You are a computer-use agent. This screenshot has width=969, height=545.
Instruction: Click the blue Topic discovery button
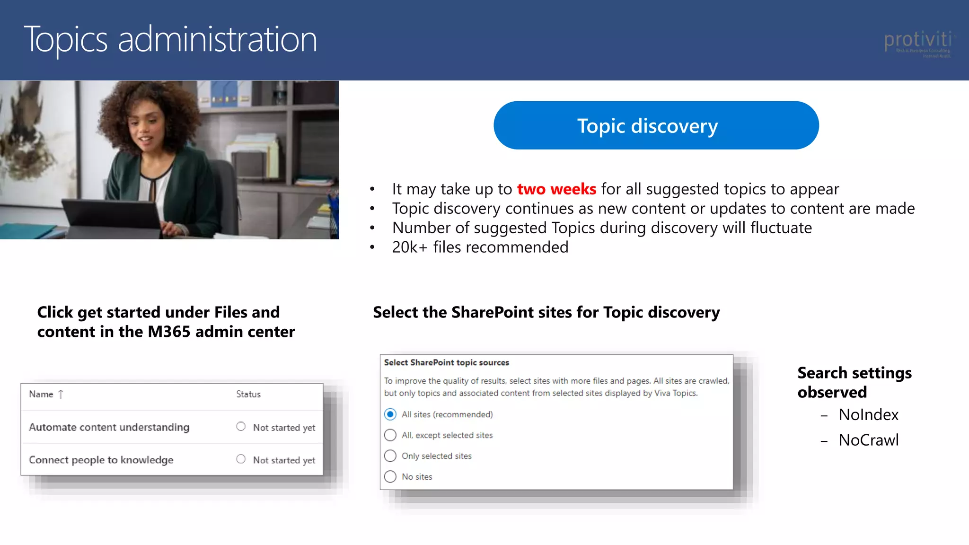pyautogui.click(x=656, y=125)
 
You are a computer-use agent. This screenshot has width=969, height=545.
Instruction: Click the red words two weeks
pyautogui.click(x=556, y=189)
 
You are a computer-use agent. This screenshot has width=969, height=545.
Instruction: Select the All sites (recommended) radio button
pyautogui.click(x=390, y=414)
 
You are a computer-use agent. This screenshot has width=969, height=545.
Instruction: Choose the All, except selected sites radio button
pyautogui.click(x=390, y=435)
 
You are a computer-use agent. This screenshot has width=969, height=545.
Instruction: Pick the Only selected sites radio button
pyautogui.click(x=390, y=456)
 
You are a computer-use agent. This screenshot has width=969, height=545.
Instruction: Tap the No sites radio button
pyautogui.click(x=390, y=477)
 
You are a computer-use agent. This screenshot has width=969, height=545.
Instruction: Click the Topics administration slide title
pyautogui.click(x=170, y=39)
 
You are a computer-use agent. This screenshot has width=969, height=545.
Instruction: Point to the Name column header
pyautogui.click(x=41, y=394)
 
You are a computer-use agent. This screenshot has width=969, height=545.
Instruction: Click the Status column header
pyautogui.click(x=248, y=394)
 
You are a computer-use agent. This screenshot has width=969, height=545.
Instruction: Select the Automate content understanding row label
pyautogui.click(x=109, y=427)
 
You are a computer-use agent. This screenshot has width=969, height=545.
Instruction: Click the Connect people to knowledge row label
pyautogui.click(x=101, y=460)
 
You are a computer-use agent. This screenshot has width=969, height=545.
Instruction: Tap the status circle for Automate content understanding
pyautogui.click(x=241, y=427)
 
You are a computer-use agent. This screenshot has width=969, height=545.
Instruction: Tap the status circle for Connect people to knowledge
pyautogui.click(x=241, y=459)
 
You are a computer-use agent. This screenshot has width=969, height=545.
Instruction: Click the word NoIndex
pyautogui.click(x=868, y=415)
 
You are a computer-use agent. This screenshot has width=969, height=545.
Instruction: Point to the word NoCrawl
pyautogui.click(x=868, y=440)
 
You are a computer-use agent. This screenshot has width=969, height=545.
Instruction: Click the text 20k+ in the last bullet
pyautogui.click(x=410, y=247)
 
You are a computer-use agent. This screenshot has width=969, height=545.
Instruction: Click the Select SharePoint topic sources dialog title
pyautogui.click(x=446, y=363)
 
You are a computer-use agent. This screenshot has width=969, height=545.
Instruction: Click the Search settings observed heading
pyautogui.click(x=854, y=382)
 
